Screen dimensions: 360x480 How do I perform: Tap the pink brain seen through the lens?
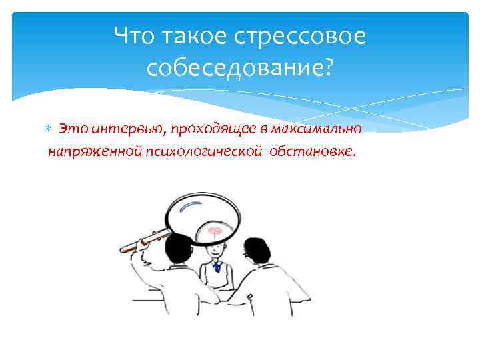pyautogui.click(x=215, y=231)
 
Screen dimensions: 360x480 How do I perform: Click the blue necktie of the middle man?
pyautogui.click(x=217, y=267)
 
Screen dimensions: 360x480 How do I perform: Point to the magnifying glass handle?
pyautogui.click(x=145, y=240)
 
